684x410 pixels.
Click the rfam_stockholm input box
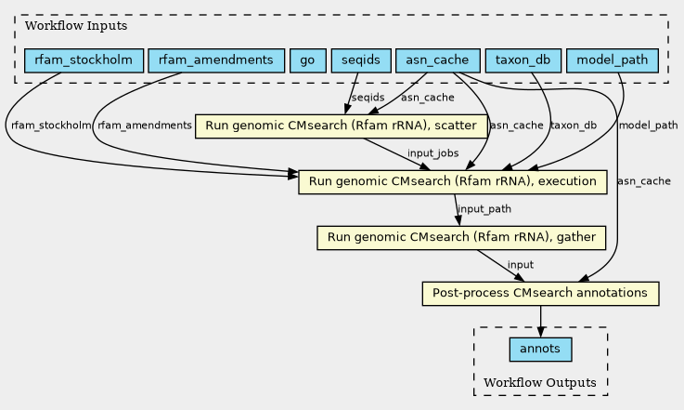pos(84,60)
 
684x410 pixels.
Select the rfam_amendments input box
pos(216,60)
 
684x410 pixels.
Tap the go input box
pos(307,60)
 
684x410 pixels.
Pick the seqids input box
pos(361,60)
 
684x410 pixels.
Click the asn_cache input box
pos(437,60)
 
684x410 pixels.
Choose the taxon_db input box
pos(523,60)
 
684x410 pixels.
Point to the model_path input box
pos(612,60)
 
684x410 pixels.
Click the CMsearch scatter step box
pos(342,126)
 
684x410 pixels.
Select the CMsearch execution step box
pos(452,182)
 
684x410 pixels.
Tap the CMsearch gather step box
pos(461,238)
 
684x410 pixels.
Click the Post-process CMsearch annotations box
pos(540,293)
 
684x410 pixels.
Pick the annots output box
pos(540,350)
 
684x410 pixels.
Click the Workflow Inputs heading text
pos(76,26)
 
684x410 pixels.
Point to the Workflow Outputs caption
pos(540,383)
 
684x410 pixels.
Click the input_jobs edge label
pos(432,153)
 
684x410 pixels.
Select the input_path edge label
pos(484,209)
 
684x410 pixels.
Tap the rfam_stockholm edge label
pos(51,126)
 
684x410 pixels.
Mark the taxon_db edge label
pos(574,126)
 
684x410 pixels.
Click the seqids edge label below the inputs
pos(368,98)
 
